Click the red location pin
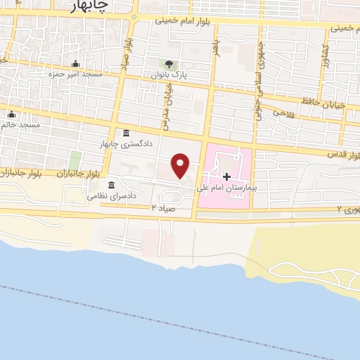[x=181, y=165]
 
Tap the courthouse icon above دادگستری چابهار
[x=125, y=134]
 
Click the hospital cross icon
[x=226, y=176]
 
